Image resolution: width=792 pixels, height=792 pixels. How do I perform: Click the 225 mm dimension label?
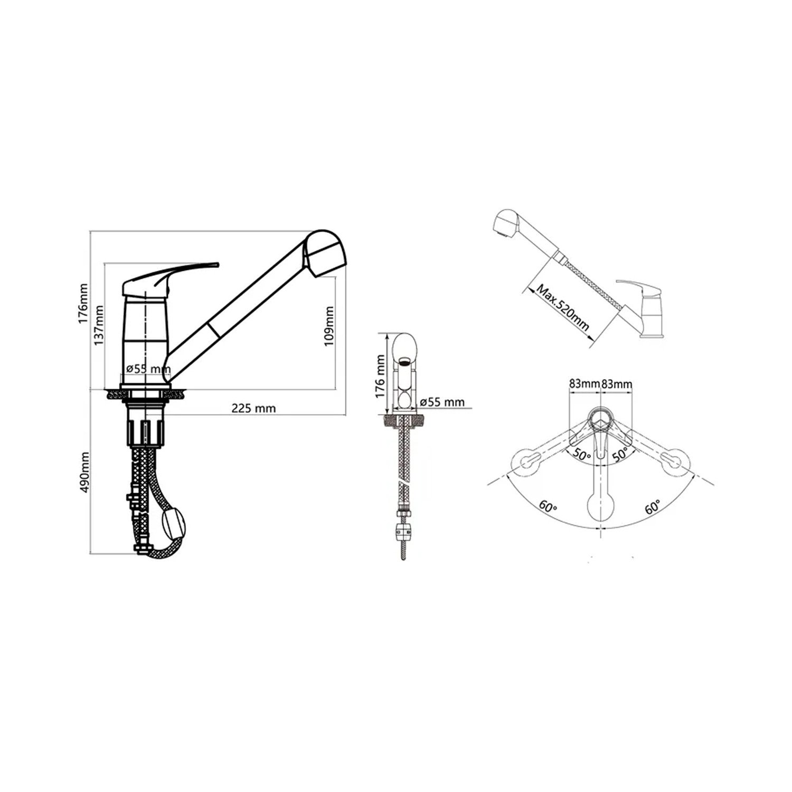(253, 408)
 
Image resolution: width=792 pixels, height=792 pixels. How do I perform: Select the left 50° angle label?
(581, 454)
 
